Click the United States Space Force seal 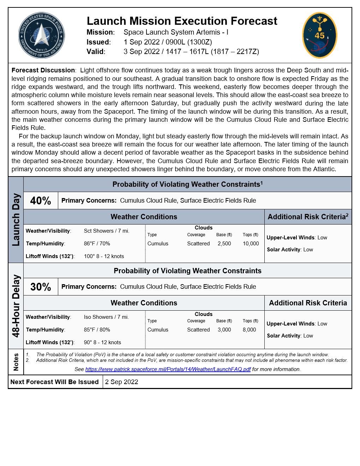coord(42,35)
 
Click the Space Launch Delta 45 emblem coord(319,35)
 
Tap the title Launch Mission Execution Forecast coord(182,21)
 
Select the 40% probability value coord(41,201)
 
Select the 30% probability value coord(41,287)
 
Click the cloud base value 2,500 coord(224,244)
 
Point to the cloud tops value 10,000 coord(251,244)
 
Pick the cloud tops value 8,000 coord(249,330)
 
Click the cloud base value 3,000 coord(224,330)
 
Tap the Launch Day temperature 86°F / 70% coord(97,244)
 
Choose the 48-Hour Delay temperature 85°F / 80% coord(97,330)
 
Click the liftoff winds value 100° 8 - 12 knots coord(104,256)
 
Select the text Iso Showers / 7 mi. coord(106,317)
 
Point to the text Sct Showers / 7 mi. coord(107,231)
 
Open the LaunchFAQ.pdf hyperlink coord(168,369)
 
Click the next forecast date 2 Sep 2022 coord(121,382)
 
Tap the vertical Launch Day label coord(16,220)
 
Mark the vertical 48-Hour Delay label coord(16,306)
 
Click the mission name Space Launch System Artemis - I coord(176,32)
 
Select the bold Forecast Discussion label coord(43,70)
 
